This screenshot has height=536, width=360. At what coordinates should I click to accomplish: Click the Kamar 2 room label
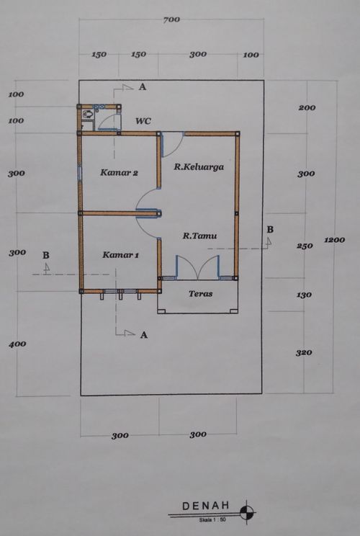tap(120, 172)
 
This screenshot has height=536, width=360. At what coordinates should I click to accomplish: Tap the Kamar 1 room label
tap(120, 255)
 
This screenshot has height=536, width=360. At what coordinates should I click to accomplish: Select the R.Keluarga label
tap(199, 167)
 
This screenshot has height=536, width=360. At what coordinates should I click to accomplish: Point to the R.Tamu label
tap(200, 236)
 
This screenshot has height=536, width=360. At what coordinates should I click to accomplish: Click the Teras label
tap(201, 293)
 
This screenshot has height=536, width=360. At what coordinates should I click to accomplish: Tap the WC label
tap(143, 120)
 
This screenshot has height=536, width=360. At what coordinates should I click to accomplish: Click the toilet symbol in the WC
tap(88, 114)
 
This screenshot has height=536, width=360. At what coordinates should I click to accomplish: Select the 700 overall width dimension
tap(171, 20)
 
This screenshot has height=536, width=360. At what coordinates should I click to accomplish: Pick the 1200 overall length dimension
tap(334, 240)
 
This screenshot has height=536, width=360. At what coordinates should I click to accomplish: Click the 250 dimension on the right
tap(305, 246)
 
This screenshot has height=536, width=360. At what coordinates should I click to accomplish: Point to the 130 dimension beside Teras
tap(304, 295)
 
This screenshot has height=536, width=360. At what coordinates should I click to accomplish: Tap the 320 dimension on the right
tap(304, 352)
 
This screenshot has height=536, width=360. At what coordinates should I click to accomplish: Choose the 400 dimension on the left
tap(17, 344)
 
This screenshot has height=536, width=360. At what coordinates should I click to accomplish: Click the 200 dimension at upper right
tap(307, 107)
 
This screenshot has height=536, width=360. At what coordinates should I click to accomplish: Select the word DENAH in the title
tap(206, 506)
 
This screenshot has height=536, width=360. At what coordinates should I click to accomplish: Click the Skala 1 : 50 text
tap(212, 520)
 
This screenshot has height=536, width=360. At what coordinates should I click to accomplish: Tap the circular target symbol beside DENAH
tap(247, 512)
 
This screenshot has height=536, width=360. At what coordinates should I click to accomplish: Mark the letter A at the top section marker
tap(143, 87)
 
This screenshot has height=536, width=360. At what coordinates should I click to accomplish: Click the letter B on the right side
tap(270, 229)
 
